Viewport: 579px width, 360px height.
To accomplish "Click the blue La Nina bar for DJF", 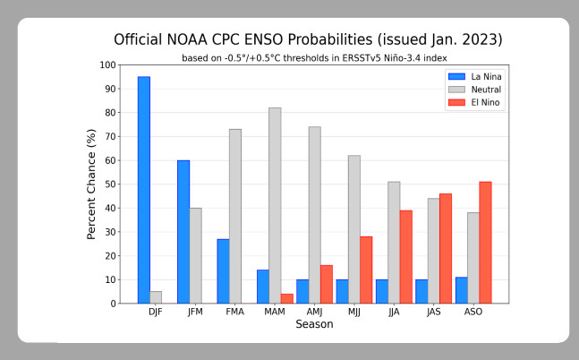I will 143,190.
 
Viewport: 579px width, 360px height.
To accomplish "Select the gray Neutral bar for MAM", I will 275,205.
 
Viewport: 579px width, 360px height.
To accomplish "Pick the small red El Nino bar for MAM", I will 287,298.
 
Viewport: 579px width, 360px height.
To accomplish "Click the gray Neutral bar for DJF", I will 157,297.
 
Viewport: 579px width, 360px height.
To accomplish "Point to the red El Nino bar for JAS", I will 446,248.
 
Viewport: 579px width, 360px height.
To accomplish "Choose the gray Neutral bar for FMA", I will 235,216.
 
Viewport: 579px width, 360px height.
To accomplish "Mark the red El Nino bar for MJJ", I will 366,270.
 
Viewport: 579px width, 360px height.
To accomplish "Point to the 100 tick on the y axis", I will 107,65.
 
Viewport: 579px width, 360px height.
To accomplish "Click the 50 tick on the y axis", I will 111,184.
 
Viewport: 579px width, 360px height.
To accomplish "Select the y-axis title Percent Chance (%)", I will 90,184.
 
